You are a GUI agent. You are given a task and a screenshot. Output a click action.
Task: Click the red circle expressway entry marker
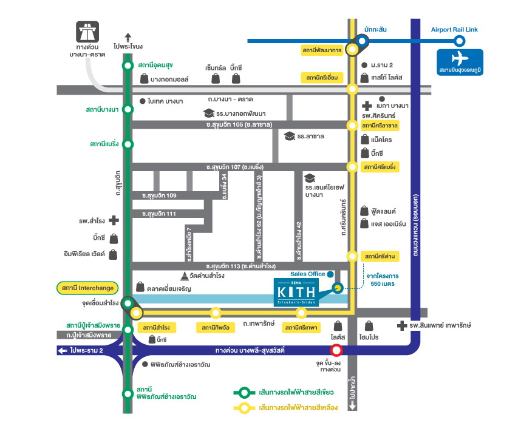coord(335,350)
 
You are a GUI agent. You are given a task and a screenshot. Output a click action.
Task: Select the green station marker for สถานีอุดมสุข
coord(128,66)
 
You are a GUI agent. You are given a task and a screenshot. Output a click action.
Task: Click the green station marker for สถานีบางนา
coord(128,109)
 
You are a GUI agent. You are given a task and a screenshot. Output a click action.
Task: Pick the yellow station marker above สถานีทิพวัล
coord(215,313)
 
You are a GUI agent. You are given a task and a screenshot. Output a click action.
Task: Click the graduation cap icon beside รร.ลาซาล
coord(289,136)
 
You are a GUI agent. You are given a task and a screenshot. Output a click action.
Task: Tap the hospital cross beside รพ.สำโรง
coord(113,221)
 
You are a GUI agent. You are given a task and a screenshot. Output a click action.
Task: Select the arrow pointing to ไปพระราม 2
coord(62,350)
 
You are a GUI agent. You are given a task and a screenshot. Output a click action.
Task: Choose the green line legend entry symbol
coord(245,392)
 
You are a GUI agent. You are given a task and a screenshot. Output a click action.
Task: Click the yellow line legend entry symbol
coord(245,408)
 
